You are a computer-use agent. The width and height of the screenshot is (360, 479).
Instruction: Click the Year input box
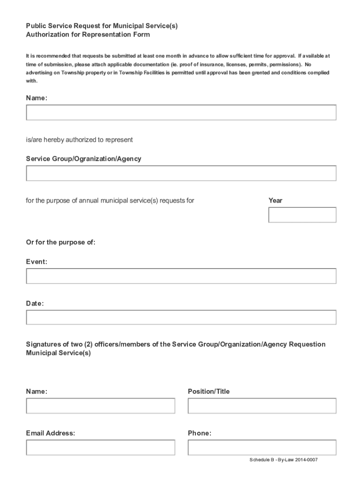302,215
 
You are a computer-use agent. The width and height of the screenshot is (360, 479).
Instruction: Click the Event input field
181,276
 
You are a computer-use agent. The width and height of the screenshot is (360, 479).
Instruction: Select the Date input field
181,317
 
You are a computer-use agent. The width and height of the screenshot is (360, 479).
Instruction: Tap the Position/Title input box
262,406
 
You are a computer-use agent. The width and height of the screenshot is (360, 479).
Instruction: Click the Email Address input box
101,448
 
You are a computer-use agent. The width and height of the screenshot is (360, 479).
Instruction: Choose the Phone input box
262,448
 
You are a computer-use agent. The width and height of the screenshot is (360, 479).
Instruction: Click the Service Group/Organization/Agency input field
181,173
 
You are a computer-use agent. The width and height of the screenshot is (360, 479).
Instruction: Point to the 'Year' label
275,201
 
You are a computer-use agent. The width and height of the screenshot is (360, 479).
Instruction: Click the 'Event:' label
36,262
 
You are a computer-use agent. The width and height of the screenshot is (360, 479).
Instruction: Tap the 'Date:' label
35,304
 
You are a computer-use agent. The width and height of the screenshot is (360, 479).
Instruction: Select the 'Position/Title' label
209,392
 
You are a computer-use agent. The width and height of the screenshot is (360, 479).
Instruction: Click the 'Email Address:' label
50,433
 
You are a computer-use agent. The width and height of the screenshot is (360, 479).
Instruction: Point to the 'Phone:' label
200,433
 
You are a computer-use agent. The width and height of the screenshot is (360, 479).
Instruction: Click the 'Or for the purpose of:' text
61,242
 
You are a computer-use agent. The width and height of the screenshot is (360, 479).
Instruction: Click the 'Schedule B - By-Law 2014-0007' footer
284,460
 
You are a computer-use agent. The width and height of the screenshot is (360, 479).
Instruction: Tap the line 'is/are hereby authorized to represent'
79,139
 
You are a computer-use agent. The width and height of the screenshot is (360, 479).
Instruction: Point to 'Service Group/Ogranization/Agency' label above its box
84,159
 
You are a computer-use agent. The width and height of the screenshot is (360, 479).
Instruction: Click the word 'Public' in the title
36,26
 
